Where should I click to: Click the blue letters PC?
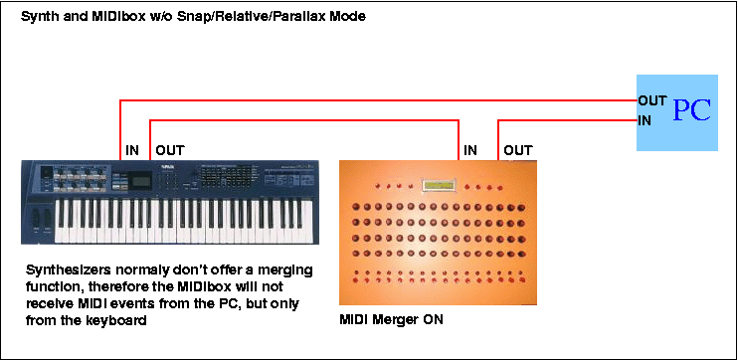pos(691,110)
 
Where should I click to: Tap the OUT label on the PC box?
pos(651,100)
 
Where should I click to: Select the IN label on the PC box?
pos(645,121)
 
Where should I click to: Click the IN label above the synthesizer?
pos(132,150)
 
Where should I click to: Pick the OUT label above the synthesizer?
pos(170,150)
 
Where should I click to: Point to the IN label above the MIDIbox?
pos(470,150)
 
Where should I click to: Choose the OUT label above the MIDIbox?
pos(518,150)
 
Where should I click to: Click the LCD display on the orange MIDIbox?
pos(440,185)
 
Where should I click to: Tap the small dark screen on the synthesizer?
pos(140,179)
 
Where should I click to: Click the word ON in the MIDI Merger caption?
pos(434,319)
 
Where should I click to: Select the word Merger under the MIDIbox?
pos(396,320)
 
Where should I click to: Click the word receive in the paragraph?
pos(47,304)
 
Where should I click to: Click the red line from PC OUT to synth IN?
pos(379,100)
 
